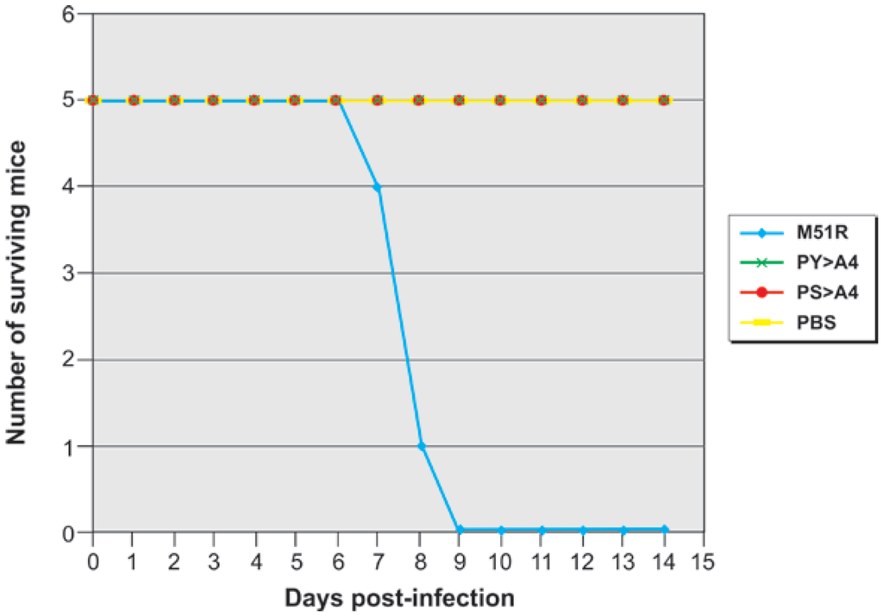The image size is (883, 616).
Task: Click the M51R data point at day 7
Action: [x=377, y=187]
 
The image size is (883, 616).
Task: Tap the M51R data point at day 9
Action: [x=460, y=530]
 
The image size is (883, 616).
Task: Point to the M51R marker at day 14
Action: [x=664, y=529]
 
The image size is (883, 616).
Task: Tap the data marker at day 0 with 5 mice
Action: [x=92, y=100]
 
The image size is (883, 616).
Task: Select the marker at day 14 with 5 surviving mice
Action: [x=664, y=100]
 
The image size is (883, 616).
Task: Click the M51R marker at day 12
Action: [x=582, y=530]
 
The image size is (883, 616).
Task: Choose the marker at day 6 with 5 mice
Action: [x=336, y=100]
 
